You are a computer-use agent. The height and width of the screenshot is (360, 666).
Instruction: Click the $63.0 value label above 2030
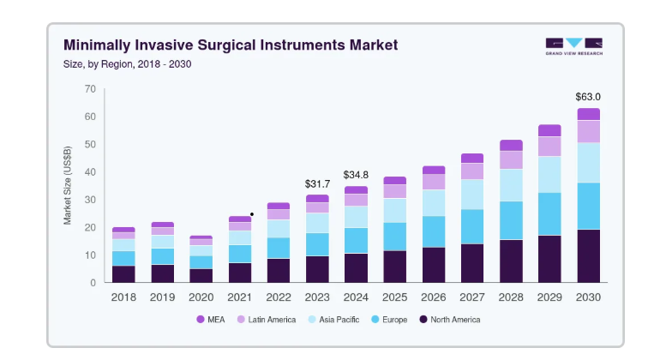pos(588,97)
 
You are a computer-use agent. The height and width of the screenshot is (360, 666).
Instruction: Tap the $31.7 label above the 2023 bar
pos(317,183)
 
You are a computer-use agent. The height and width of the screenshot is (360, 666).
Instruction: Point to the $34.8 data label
pos(356,175)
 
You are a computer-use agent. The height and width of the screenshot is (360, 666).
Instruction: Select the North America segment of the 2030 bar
pos(588,256)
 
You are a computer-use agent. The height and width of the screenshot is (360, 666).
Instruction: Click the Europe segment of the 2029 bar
pos(549,214)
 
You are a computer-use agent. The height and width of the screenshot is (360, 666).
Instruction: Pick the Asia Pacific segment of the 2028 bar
pos(511,185)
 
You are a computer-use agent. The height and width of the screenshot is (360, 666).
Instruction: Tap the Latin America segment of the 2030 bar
pos(588,132)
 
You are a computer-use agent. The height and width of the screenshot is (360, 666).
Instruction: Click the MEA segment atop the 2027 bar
pos(472,159)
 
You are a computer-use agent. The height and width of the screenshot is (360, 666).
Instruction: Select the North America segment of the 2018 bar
pos(123,274)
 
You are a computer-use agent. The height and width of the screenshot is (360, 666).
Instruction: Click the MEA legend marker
pos(201,319)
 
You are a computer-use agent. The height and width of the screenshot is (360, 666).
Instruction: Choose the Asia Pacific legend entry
pos(333,319)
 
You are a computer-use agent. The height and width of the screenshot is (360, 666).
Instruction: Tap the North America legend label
pos(455,320)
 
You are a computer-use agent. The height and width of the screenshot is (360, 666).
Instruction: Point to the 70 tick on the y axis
pos(90,89)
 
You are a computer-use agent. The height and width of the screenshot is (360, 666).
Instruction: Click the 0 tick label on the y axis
pos(93,283)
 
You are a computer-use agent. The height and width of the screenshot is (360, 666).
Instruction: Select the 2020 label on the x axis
pos(201,297)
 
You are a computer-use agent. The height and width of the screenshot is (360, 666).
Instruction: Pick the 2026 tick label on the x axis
pos(433,297)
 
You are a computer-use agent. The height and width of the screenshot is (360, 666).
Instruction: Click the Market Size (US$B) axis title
pos(67,185)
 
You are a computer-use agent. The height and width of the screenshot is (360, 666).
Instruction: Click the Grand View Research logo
pos(573,46)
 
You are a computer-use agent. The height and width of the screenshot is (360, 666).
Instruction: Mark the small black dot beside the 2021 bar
pos(252,214)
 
